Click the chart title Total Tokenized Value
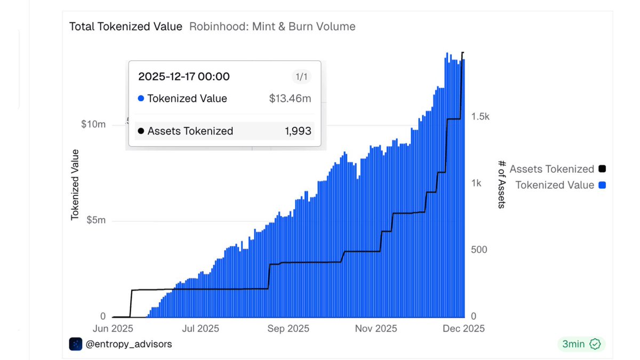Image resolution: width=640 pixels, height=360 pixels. pos(126,26)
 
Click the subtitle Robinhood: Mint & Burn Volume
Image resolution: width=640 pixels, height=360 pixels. pos(272,26)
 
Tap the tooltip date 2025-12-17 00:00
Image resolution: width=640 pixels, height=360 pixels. pos(184,77)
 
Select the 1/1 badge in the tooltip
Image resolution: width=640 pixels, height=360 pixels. pos(301,77)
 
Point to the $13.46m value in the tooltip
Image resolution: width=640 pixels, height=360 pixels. pos(290,99)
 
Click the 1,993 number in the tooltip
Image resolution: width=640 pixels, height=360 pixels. pos(299,131)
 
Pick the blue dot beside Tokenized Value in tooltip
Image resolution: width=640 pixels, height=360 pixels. pos(141,99)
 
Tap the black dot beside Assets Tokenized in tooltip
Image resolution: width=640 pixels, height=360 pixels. pos(141,131)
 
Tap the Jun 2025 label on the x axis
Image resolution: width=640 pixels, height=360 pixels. pos(113,329)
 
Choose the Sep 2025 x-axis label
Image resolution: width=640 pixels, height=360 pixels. pos(287,329)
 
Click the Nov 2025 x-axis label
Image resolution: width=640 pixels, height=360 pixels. pos(376,329)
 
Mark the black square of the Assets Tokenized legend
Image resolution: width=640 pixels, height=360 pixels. pos(602,169)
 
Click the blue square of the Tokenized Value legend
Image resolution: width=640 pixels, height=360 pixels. pos(602,185)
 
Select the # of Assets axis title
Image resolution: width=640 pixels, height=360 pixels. pos(501,184)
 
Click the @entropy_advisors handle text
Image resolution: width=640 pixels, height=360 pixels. pos(129,345)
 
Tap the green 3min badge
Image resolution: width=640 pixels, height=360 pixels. pos(581,344)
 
